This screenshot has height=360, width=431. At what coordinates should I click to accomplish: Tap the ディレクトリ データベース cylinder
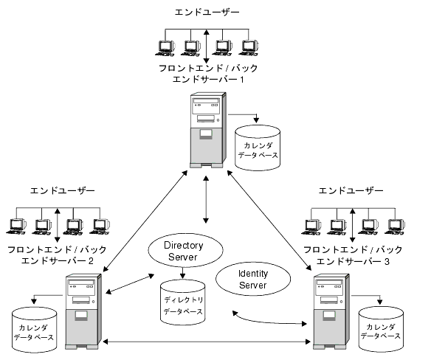click(183, 302)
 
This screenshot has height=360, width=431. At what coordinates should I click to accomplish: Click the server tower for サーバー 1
click(208, 130)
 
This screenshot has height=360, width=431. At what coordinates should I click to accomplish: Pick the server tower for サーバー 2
click(83, 311)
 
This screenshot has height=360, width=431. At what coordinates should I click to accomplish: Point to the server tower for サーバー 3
click(331, 311)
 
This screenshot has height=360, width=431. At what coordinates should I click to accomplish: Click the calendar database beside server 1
click(258, 148)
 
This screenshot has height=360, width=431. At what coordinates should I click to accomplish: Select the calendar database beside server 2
click(35, 330)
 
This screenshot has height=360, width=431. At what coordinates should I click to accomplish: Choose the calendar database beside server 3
click(381, 329)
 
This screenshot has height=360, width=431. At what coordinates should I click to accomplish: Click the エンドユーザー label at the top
click(207, 12)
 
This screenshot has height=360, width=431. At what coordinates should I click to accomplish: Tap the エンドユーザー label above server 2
click(63, 190)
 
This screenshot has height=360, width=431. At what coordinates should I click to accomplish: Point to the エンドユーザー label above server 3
click(351, 190)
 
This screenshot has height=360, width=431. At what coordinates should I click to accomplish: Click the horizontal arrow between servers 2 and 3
click(207, 342)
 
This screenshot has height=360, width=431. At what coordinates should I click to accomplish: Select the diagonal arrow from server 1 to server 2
click(145, 220)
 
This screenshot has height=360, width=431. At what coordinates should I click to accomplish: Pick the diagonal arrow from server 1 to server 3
click(269, 220)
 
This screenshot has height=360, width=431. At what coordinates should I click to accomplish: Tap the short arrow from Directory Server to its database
click(182, 273)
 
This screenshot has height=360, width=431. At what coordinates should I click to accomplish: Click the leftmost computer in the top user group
click(165, 49)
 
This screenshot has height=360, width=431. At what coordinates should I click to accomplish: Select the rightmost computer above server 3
click(394, 226)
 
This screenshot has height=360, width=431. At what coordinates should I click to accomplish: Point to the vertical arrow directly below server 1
click(206, 199)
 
